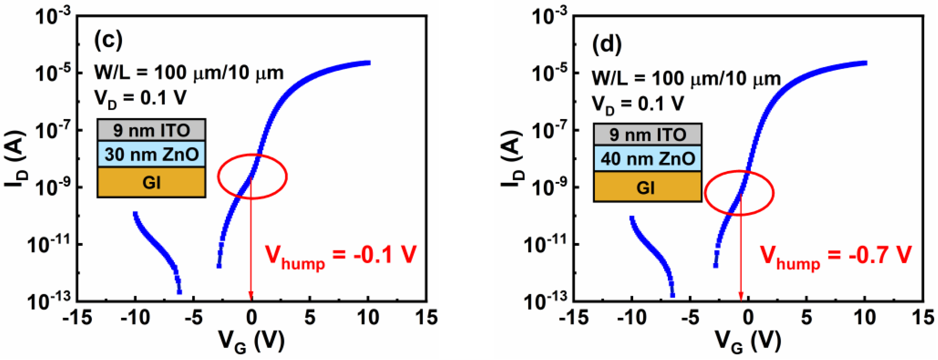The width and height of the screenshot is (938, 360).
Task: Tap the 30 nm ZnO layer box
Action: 151,154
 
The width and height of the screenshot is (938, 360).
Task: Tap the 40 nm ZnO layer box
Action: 647,159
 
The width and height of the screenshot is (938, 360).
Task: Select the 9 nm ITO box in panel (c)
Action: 151,130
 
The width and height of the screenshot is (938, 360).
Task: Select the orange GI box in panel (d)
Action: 647,187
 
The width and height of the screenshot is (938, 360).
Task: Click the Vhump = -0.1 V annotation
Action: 340,256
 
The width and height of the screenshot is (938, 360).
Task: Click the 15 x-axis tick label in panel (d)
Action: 923,318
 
